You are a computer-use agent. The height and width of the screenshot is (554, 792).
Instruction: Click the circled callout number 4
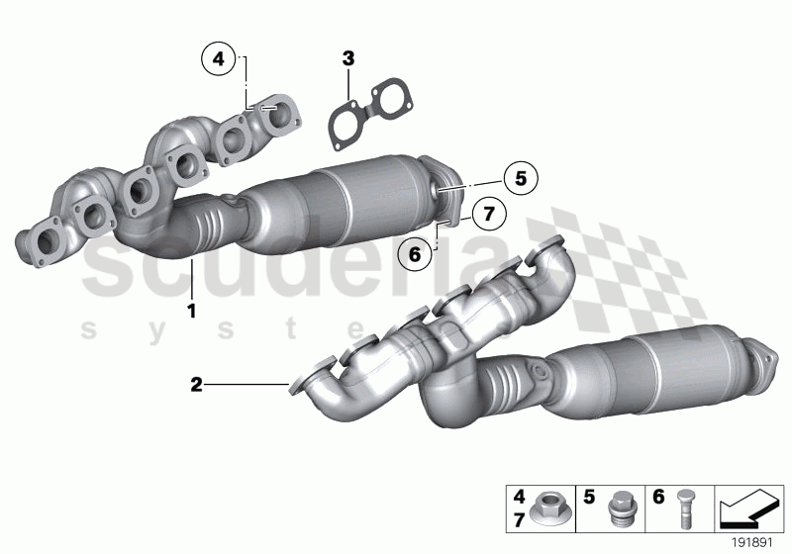219,59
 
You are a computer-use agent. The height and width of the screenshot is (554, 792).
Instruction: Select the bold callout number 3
347,59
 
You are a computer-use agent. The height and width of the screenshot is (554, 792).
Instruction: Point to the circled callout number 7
486,212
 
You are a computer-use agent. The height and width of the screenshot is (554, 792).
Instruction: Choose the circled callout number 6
416,254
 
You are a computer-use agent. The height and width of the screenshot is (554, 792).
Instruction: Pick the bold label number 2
196,384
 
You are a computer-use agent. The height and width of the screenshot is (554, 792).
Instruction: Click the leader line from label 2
247,384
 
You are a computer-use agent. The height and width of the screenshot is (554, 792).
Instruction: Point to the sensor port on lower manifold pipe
540,374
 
